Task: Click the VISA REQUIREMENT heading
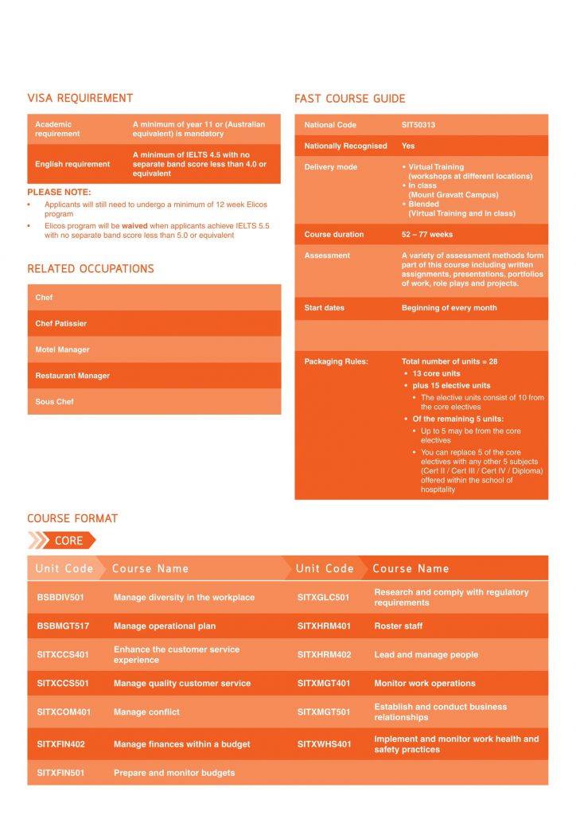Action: point(80,99)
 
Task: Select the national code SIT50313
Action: point(418,125)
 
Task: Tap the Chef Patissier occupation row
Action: point(61,324)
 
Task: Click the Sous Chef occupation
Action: point(54,402)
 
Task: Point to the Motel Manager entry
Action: point(62,350)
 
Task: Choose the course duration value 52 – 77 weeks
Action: point(427,235)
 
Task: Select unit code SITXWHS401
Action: point(324,745)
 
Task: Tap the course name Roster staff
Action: point(399,626)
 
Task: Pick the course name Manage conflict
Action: point(146,712)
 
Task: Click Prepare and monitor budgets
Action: point(174,773)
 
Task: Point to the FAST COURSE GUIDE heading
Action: point(349,99)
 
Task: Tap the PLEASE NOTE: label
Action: point(59,193)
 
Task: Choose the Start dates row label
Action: point(324,308)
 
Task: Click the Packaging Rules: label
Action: point(336,361)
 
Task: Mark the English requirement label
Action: point(72,164)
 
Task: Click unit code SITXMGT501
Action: point(324,712)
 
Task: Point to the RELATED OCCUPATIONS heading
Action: point(91,269)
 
